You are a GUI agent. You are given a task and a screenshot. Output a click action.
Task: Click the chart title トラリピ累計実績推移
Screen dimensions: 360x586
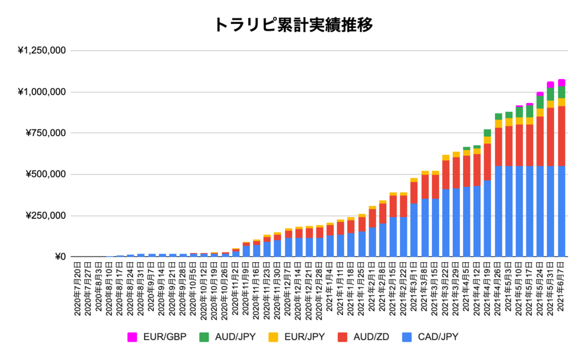pyautogui.click(x=294, y=25)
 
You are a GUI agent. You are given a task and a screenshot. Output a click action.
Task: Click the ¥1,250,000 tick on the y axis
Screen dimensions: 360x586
pyautogui.click(x=42, y=51)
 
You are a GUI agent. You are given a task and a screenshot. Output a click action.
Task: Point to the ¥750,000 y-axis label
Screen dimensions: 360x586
pyautogui.click(x=45, y=133)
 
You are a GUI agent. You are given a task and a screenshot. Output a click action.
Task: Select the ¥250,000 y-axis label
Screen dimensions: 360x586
pyautogui.click(x=45, y=216)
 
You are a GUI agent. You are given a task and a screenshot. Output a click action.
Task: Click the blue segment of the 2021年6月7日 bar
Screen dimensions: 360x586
pyautogui.click(x=561, y=212)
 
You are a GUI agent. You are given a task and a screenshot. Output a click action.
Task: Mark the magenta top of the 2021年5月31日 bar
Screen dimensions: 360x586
pyautogui.click(x=551, y=84)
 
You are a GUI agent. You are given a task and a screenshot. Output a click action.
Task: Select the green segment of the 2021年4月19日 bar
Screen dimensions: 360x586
pyautogui.click(x=487, y=133)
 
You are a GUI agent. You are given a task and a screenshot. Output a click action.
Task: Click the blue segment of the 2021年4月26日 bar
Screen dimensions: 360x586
pyautogui.click(x=498, y=212)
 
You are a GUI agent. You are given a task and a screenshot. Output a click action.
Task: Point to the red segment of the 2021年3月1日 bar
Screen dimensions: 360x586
pyautogui.click(x=413, y=193)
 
